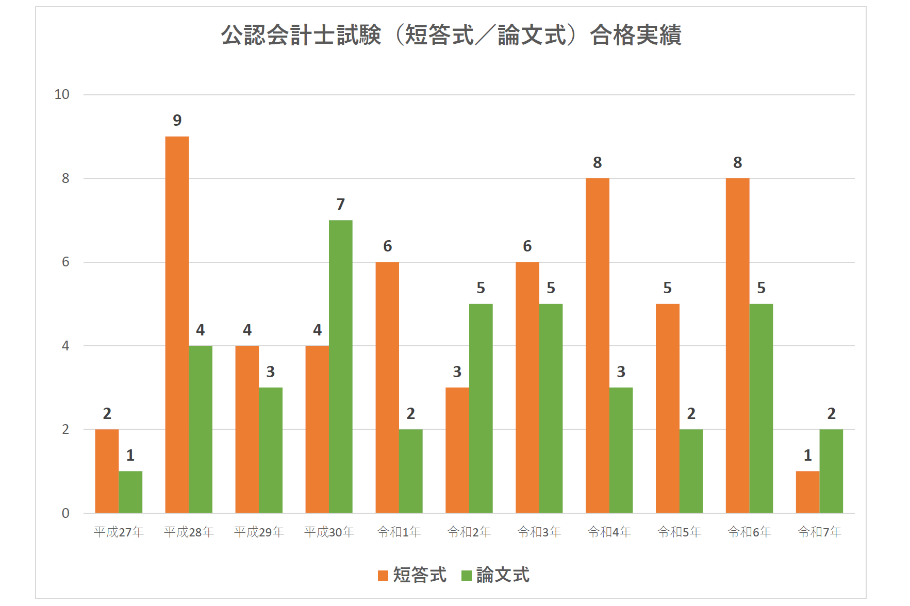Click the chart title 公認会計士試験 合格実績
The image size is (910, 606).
click(451, 35)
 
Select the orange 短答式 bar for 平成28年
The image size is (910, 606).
click(177, 325)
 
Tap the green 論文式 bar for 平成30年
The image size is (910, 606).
click(341, 366)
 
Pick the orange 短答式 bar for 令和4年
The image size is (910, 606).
click(597, 345)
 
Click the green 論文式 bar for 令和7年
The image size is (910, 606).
click(831, 471)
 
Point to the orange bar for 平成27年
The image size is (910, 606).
click(107, 471)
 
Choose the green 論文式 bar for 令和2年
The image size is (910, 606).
click(481, 408)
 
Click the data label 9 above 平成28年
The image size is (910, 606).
click(177, 121)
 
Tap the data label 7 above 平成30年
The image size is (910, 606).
click(341, 205)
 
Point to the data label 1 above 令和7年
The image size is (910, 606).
click(807, 456)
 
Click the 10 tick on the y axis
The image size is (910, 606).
click(62, 95)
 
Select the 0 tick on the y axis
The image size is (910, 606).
click(65, 513)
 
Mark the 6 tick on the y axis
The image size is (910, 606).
click(65, 262)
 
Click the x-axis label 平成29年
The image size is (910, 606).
click(259, 532)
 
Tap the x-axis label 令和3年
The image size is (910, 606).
click(539, 532)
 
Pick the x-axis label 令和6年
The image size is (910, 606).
click(749, 532)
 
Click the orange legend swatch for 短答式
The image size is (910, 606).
click(383, 576)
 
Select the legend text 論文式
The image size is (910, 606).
click(503, 575)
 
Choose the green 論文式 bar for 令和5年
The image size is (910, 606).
click(691, 471)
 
